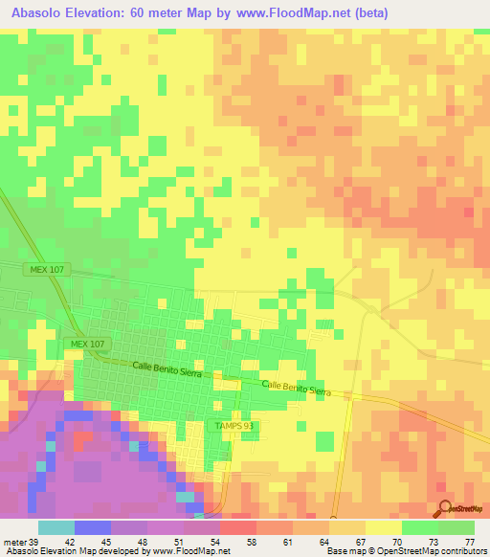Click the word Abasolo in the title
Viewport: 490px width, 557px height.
click(38, 12)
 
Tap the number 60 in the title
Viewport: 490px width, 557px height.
click(152, 12)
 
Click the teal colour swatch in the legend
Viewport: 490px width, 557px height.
click(56, 527)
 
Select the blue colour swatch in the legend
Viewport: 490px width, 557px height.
click(92, 527)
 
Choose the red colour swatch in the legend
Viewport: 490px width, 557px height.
click(237, 527)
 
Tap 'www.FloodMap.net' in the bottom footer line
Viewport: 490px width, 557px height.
click(197, 551)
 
